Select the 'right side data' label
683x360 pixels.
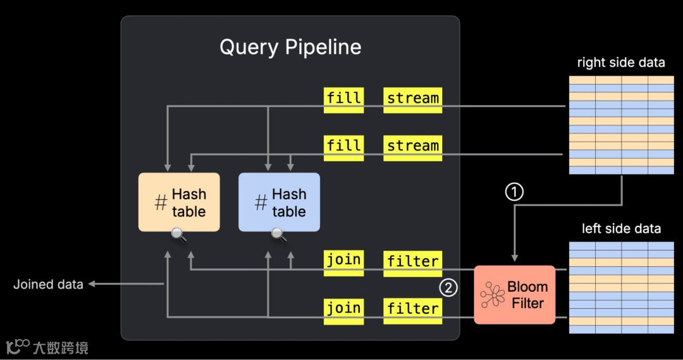(x=621, y=63)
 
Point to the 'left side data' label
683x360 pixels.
(x=621, y=228)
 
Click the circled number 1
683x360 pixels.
(x=515, y=191)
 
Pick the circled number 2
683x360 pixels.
(x=448, y=288)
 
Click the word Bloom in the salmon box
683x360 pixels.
(x=527, y=287)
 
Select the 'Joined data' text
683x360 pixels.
(x=48, y=285)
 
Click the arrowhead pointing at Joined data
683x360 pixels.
(x=91, y=285)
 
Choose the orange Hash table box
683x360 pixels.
(x=179, y=202)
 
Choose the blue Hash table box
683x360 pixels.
(x=279, y=202)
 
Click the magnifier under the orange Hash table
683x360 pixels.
(x=179, y=235)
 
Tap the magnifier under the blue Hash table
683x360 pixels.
(x=279, y=235)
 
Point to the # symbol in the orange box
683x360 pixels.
(x=161, y=203)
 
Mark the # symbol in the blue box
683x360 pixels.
(x=261, y=203)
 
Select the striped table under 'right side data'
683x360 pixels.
(x=621, y=125)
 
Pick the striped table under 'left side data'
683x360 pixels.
(x=621, y=287)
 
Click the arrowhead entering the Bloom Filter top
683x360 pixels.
(x=515, y=258)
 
